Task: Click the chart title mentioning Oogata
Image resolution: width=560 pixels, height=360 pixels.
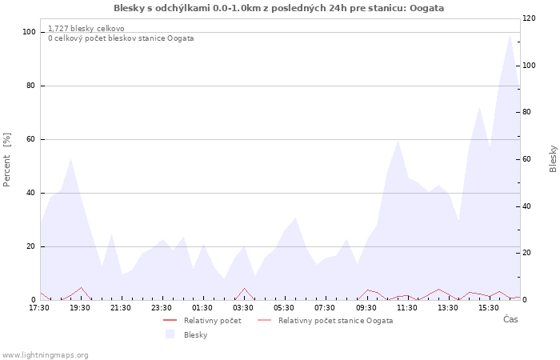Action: click(x=279, y=8)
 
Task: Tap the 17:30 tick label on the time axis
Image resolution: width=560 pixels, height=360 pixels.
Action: click(x=39, y=308)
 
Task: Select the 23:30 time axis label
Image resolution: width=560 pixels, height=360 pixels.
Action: click(x=162, y=308)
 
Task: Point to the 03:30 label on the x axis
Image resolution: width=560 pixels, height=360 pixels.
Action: click(x=243, y=308)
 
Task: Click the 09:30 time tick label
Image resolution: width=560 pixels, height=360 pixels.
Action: click(x=366, y=308)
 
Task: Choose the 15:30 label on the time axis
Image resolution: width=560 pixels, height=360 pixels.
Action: click(x=489, y=308)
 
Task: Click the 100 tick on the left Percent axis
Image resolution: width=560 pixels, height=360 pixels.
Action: click(x=29, y=32)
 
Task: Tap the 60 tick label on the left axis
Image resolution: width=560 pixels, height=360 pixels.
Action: click(x=30, y=139)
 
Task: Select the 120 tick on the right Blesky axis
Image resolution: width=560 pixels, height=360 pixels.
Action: click(x=529, y=18)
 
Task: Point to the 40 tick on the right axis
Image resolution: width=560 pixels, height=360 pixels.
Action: click(x=526, y=206)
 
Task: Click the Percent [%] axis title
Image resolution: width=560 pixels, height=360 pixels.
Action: click(x=6, y=160)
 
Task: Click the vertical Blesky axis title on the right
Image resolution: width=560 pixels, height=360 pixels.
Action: click(x=553, y=159)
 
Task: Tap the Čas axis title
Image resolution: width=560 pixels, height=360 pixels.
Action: click(x=510, y=319)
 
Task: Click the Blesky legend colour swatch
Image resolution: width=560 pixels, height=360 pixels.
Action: click(x=170, y=334)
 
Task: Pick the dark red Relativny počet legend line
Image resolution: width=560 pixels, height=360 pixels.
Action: click(x=170, y=320)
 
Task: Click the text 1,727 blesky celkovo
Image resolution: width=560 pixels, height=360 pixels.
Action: click(x=86, y=29)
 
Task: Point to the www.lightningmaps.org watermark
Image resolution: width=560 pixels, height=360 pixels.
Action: click(x=45, y=355)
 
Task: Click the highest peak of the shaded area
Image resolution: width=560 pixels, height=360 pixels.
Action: click(x=510, y=34)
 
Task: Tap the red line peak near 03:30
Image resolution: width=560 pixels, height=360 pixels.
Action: click(x=244, y=288)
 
